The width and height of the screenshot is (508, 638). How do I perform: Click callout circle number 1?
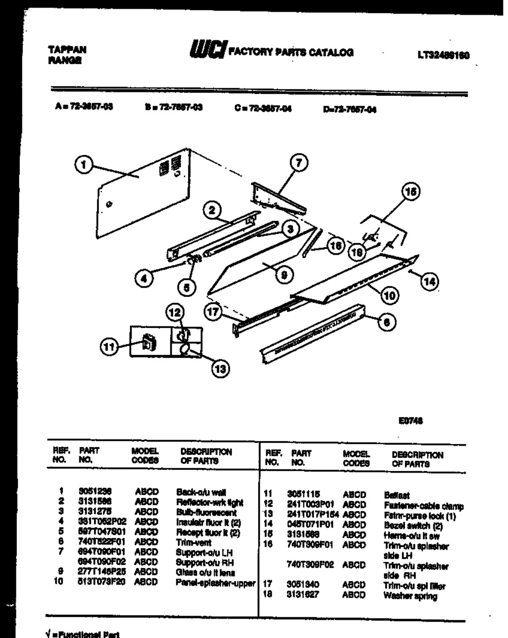pos(85,164)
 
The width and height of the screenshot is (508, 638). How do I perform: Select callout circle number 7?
pos(299,163)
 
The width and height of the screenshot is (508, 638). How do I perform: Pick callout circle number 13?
pos(219,369)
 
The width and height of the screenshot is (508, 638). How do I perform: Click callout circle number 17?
pos(214,311)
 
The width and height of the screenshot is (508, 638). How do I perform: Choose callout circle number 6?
pos(388,322)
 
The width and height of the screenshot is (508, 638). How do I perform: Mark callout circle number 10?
pos(390,294)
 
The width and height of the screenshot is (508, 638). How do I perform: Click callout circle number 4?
pos(145,279)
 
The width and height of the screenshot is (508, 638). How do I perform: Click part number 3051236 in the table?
pos(95,491)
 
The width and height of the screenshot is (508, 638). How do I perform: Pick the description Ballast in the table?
pos(397,495)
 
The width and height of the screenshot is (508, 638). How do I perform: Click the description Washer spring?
pos(410,596)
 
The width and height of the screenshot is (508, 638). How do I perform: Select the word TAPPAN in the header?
pos(67,50)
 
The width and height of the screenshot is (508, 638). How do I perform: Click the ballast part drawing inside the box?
pos(149,343)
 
